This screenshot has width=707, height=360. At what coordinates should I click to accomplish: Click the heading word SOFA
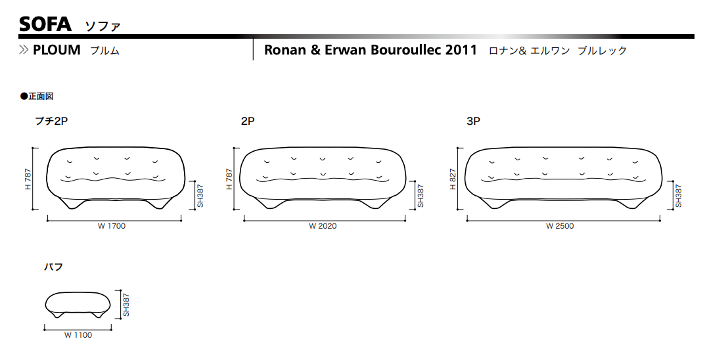coord(45,24)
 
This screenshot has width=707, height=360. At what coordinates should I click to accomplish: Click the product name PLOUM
coord(57,49)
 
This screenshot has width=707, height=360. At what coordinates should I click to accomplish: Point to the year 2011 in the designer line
coord(461,49)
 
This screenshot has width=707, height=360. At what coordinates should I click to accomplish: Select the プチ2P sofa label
coord(51,121)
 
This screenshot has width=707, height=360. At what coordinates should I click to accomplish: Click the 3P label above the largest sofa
coord(474,121)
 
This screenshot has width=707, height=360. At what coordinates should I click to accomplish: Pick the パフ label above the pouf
coord(53,267)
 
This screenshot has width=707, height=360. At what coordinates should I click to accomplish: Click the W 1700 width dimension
coord(111,226)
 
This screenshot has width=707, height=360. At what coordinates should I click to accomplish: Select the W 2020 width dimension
coord(323,226)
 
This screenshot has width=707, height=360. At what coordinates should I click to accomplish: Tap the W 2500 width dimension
coord(560,226)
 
